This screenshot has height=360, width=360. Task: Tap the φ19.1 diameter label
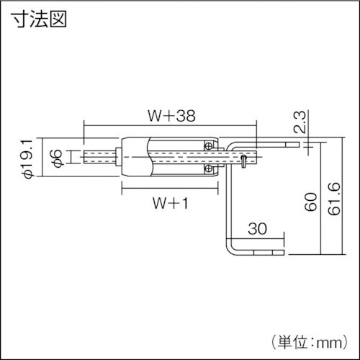coord(27,157)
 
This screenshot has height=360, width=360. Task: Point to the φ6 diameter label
coord(60,156)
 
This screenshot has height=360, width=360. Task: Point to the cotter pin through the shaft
coord(244,160)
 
